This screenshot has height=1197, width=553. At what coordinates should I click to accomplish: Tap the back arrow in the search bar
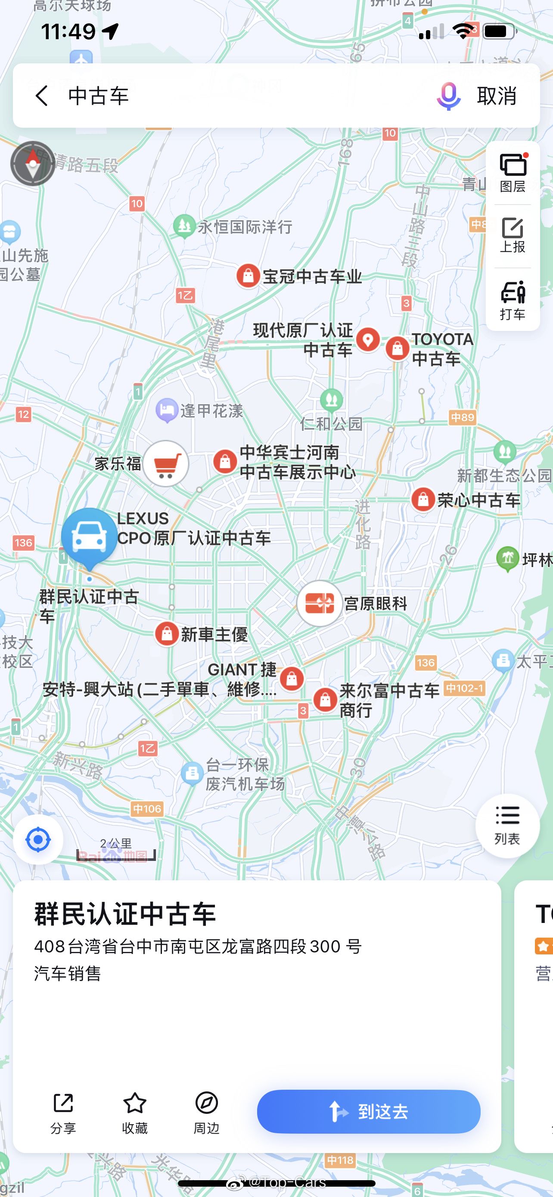42,96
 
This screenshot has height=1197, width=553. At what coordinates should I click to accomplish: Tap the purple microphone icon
448,96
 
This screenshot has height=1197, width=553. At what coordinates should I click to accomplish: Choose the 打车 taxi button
513,300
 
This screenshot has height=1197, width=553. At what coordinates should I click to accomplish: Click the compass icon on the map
32,164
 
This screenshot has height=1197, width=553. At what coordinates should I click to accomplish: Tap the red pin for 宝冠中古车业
249,276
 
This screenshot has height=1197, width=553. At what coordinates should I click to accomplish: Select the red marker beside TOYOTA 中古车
398,348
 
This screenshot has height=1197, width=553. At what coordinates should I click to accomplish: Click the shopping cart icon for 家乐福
165,464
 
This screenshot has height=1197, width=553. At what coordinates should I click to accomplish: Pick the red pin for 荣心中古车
423,500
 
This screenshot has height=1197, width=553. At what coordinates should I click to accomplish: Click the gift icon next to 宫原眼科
320,604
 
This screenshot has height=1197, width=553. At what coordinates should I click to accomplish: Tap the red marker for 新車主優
167,634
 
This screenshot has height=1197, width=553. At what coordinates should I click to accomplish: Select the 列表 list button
507,825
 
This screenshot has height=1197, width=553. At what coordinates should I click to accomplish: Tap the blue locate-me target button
38,840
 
